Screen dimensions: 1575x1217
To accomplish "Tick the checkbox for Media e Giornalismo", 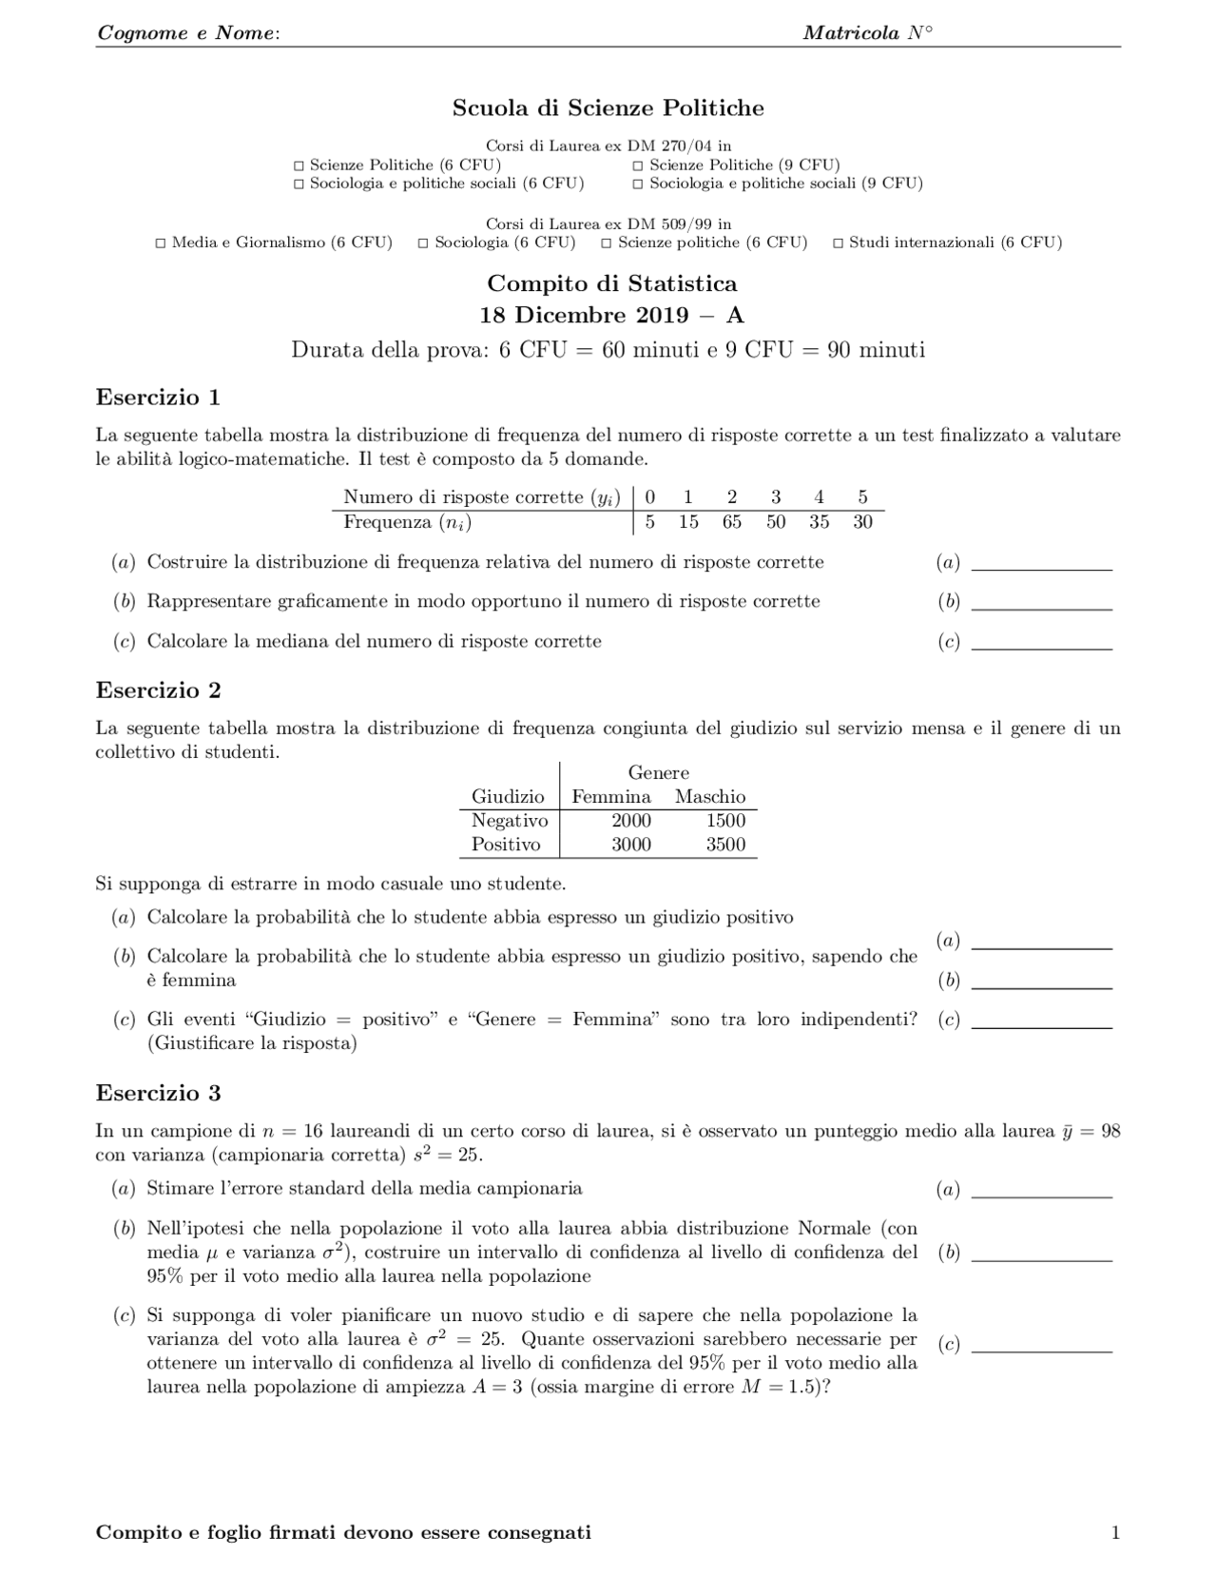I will click(161, 243).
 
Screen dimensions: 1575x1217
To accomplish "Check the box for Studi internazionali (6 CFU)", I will click(838, 243).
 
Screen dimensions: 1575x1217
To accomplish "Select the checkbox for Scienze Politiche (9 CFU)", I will click(638, 165).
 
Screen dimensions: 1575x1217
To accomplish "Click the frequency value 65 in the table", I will click(731, 522).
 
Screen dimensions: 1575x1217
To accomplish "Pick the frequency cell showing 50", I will click(776, 522).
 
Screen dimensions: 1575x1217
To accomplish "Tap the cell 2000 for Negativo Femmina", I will click(631, 821).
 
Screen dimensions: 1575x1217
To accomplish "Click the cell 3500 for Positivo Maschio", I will click(725, 845).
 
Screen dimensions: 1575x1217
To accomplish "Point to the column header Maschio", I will click(710, 797).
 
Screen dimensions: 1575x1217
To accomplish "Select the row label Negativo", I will click(510, 821).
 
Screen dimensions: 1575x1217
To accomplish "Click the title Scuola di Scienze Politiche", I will click(608, 108).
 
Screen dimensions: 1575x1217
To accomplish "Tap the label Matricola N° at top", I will click(867, 33).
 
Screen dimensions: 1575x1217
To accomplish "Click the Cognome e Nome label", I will click(187, 33).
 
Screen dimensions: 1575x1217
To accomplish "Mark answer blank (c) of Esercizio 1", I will click(1041, 643).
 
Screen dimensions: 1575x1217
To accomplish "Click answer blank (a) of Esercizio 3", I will click(1041, 1191).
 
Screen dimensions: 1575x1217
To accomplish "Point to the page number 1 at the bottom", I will click(1115, 1532).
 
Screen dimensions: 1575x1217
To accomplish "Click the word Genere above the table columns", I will click(658, 773).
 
